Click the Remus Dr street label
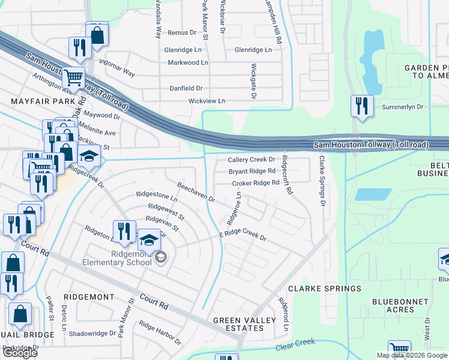pyautogui.click(x=182, y=32)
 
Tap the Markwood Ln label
pyautogui.click(x=188, y=62)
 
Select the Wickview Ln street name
pyautogui.click(x=207, y=101)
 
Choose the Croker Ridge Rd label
pyautogui.click(x=255, y=183)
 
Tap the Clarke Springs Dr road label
pyautogui.click(x=322, y=182)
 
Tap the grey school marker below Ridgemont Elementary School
pyautogui.click(x=160, y=258)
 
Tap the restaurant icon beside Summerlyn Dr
pyautogui.click(x=361, y=106)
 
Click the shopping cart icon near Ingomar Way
pyautogui.click(x=73, y=77)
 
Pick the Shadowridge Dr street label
pyautogui.click(x=92, y=334)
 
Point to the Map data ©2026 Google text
pyautogui.click(x=411, y=355)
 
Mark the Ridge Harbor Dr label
pyautogui.click(x=160, y=333)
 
